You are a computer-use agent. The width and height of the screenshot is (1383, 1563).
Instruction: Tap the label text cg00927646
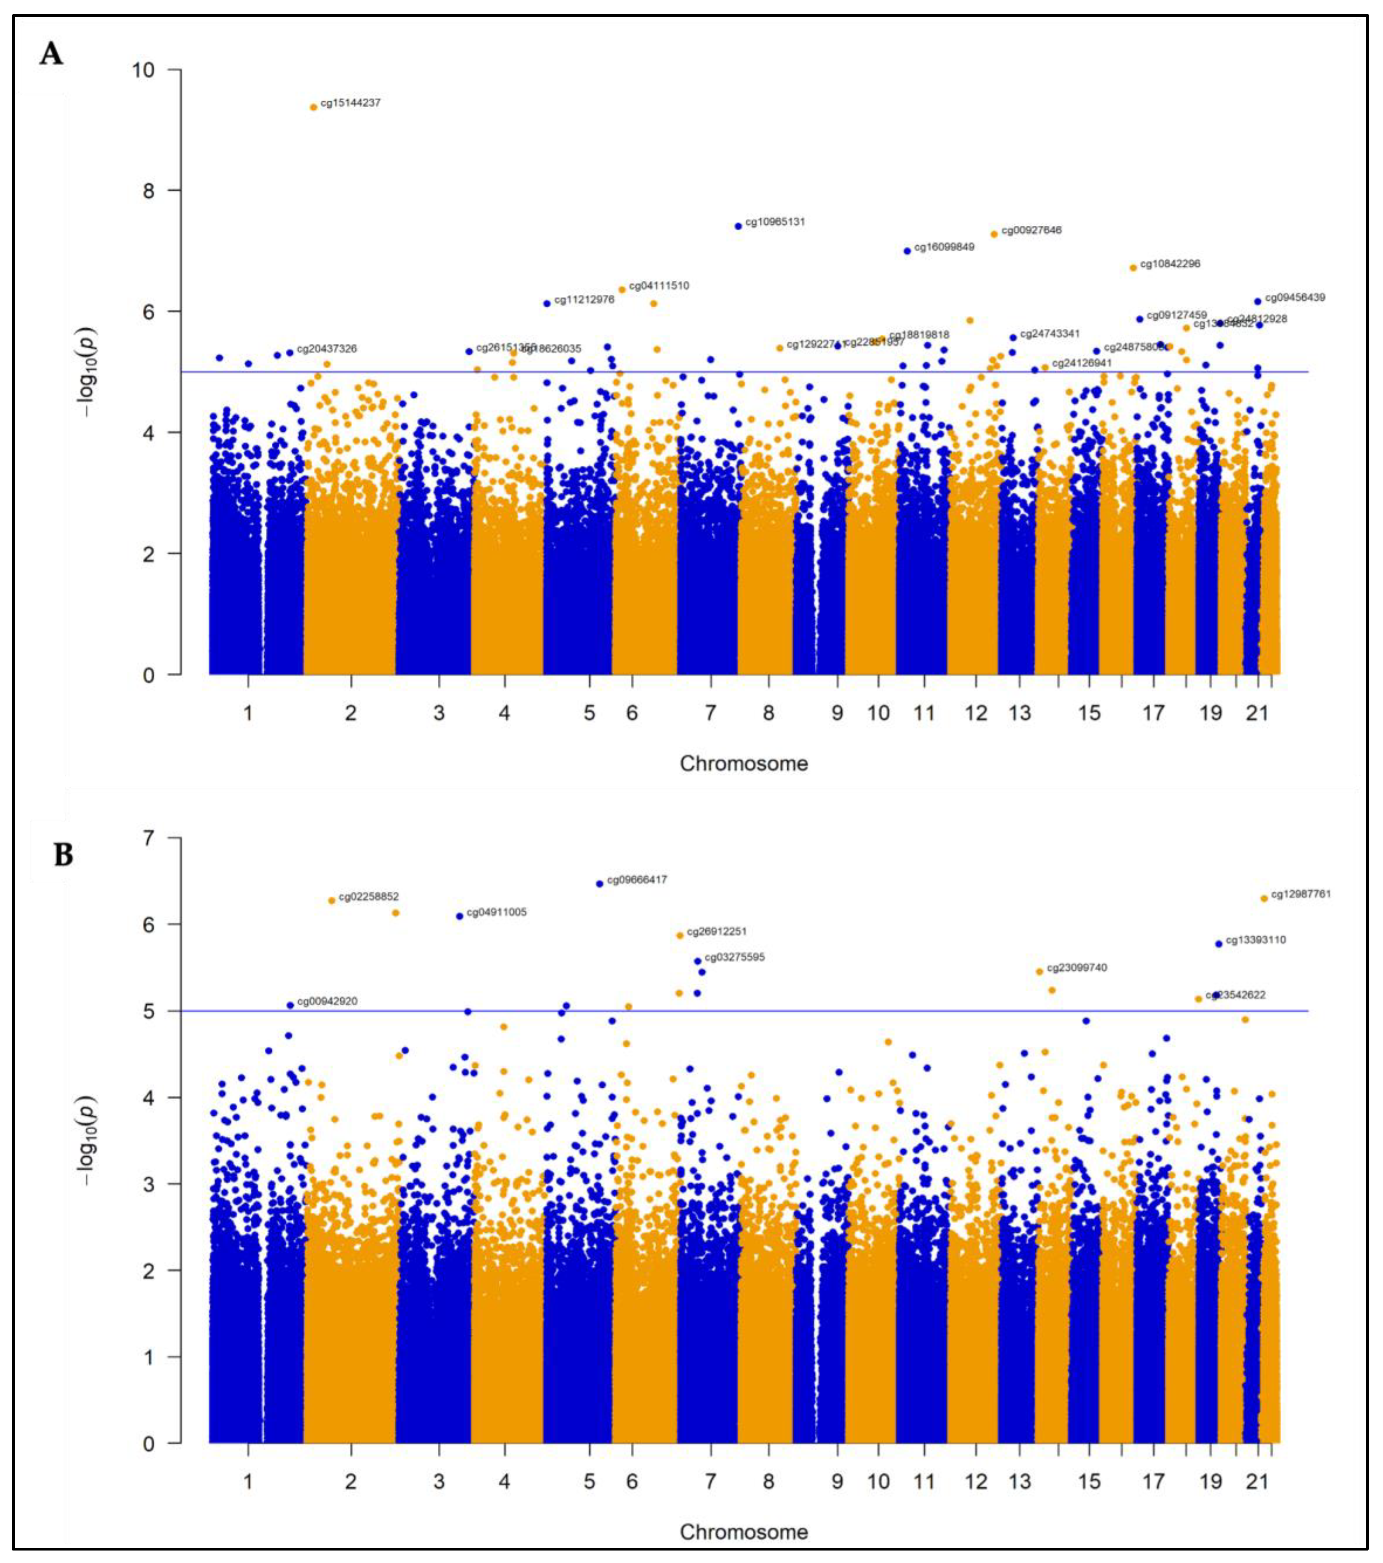(1031, 230)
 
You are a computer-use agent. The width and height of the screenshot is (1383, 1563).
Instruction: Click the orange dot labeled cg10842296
(1133, 268)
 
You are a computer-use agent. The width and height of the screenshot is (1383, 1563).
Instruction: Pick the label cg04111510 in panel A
(659, 286)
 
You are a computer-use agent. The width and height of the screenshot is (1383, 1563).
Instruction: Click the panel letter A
(51, 55)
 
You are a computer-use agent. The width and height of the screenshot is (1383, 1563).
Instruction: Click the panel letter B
(64, 854)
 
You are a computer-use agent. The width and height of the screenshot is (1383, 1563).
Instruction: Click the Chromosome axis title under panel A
(743, 763)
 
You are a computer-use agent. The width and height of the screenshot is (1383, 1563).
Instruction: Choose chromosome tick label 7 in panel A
(710, 713)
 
